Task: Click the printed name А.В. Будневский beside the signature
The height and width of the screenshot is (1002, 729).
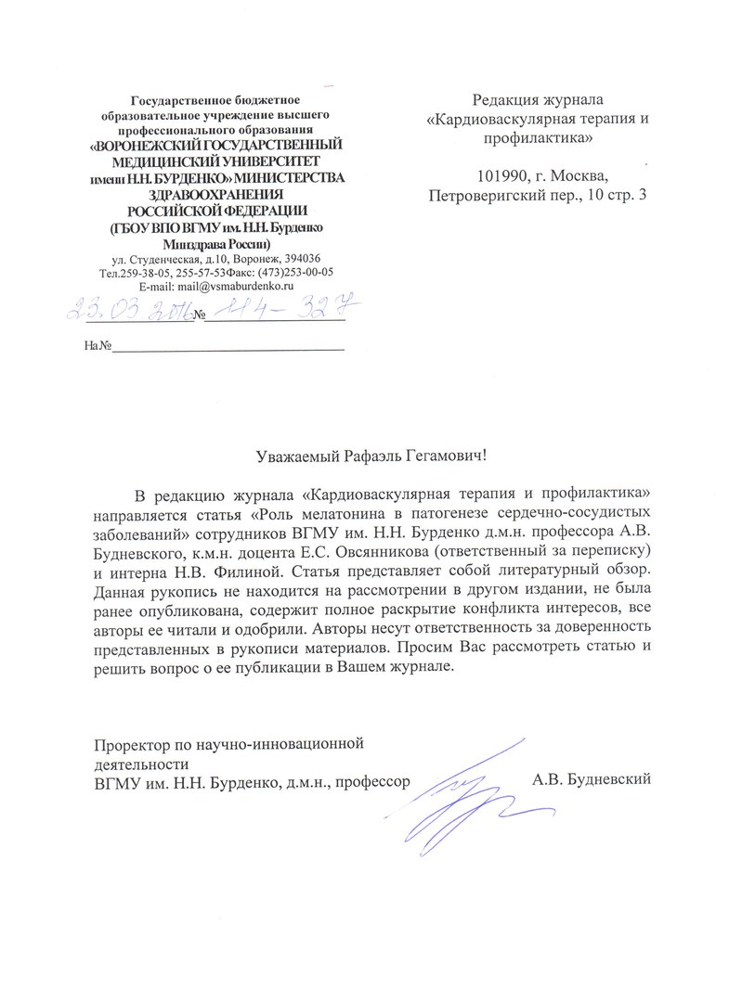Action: coord(592,778)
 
